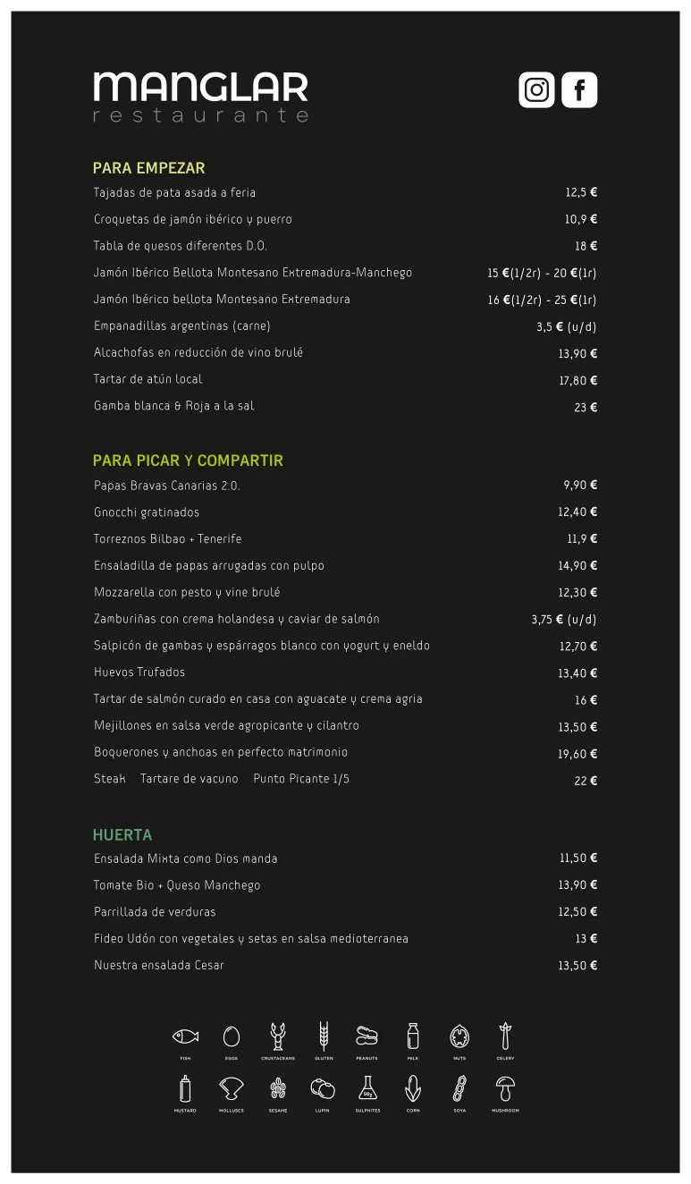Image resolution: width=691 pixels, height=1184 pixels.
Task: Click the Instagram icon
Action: point(536,90)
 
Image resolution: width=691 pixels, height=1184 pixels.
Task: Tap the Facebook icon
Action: point(579,90)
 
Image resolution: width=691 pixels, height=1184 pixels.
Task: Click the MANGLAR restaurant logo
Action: point(201,97)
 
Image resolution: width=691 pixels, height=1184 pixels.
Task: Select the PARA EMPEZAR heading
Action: point(149,168)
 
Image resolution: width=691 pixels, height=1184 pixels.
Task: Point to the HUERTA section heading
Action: point(122,835)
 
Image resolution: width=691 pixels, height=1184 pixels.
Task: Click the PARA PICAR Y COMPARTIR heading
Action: point(188,461)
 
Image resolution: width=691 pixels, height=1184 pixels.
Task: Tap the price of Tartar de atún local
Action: point(577,380)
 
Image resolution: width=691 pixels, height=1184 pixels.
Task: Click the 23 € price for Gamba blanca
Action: point(586,407)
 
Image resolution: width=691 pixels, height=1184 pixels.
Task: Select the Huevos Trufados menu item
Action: point(139,672)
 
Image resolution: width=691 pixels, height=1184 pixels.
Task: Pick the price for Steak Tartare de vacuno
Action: point(586,781)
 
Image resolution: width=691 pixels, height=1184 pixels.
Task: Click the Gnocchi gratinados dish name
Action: point(147,512)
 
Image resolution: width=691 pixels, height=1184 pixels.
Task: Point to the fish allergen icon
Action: point(185,1036)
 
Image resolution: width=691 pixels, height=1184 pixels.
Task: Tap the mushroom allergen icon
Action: point(505,1088)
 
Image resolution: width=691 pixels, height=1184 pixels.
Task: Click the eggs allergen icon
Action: point(232,1036)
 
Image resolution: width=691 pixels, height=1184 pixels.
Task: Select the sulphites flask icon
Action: point(367,1088)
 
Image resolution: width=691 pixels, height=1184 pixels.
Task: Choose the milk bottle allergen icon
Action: point(413,1036)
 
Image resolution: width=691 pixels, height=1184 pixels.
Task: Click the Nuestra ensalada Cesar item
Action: point(159,966)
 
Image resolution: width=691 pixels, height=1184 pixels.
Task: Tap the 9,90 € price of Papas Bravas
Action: point(580,486)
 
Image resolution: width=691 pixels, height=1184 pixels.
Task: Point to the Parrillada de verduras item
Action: point(155,912)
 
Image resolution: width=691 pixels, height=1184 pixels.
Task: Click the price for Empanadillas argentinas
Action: point(566,326)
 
